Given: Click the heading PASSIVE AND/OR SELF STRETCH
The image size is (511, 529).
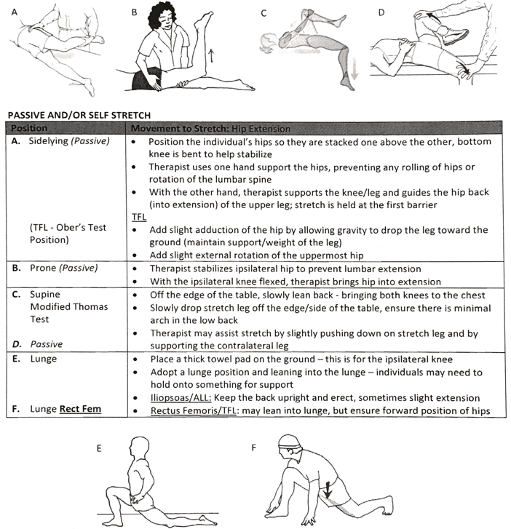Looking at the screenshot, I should click(79, 115).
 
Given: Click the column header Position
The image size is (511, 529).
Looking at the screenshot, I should click(27, 129).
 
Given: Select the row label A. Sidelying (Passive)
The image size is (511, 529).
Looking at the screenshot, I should click(60, 141).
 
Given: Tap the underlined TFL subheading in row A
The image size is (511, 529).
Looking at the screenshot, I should click(138, 217).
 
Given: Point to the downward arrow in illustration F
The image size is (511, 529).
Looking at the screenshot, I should click(328, 490).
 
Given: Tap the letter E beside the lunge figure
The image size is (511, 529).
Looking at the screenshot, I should click(99, 449).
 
